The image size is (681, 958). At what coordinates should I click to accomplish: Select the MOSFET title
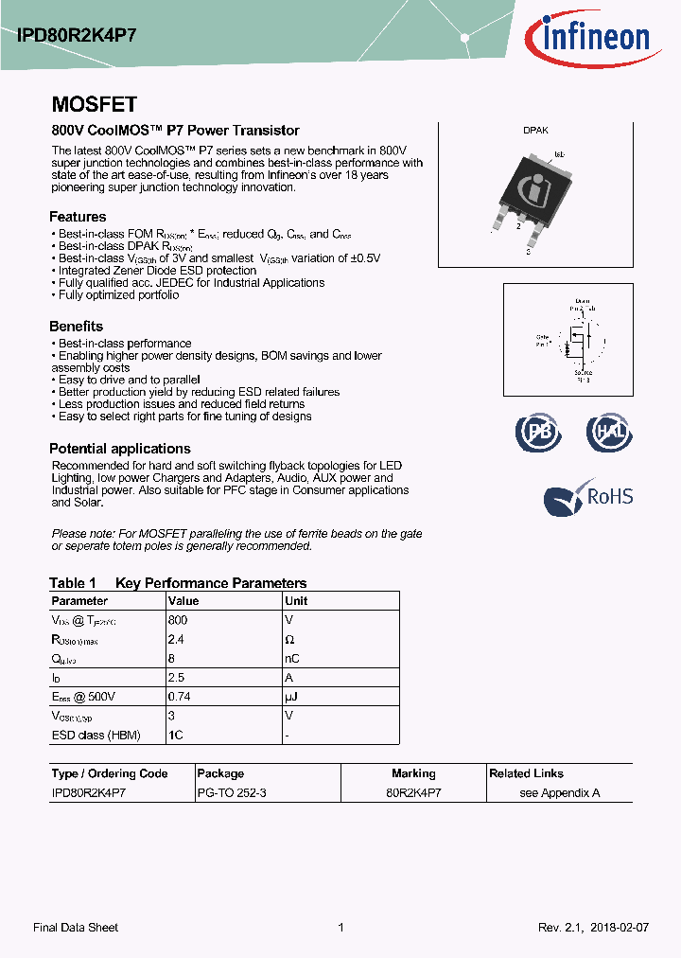(x=94, y=104)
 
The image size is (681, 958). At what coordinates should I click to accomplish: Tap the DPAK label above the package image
(x=535, y=132)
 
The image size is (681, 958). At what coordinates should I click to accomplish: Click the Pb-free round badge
(x=538, y=432)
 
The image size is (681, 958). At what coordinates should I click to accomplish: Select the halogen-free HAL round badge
(x=608, y=432)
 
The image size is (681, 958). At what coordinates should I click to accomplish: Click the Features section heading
(x=78, y=216)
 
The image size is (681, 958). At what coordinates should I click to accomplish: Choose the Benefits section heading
(x=76, y=327)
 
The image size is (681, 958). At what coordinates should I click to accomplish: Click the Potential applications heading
(x=120, y=449)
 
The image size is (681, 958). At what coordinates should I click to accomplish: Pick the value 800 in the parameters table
(x=178, y=620)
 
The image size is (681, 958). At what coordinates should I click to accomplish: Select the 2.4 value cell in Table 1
(x=176, y=640)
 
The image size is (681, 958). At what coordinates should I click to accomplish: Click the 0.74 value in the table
(x=179, y=697)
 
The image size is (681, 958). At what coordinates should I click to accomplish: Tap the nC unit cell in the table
(x=292, y=659)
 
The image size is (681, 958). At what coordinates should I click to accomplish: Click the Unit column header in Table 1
(x=296, y=601)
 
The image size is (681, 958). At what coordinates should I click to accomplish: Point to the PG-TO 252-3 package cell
(x=232, y=792)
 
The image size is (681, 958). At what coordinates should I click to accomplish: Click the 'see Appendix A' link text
(x=560, y=792)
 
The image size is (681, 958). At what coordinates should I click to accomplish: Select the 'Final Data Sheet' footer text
(x=76, y=928)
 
